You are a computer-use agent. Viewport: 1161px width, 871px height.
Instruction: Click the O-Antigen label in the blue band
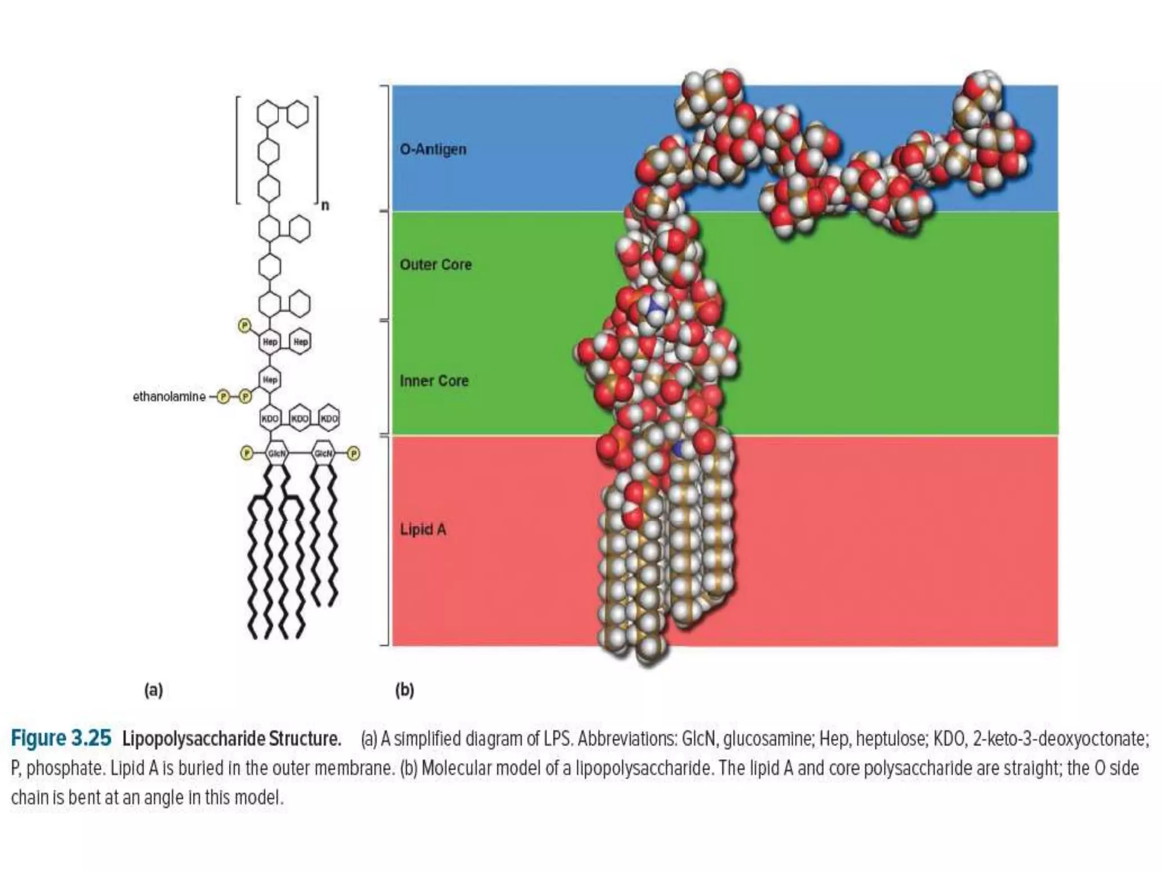click(x=433, y=149)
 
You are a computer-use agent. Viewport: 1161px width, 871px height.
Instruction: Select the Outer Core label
click(x=435, y=265)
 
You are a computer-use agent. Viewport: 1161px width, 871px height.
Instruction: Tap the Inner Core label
click(x=434, y=380)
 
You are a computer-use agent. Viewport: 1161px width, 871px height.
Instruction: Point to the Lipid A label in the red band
click(x=423, y=530)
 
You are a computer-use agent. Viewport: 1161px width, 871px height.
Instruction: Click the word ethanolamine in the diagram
click(x=169, y=396)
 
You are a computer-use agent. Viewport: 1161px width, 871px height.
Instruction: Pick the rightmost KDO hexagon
click(x=329, y=418)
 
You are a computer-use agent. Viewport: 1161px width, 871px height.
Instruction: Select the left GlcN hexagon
click(x=277, y=453)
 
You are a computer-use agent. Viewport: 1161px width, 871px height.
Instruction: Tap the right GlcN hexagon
click(x=323, y=453)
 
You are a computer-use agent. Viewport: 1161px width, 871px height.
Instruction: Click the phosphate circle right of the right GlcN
click(x=353, y=453)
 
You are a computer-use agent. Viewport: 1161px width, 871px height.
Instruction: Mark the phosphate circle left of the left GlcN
click(x=247, y=453)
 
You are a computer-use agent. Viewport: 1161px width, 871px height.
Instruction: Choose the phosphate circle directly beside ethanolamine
click(x=223, y=397)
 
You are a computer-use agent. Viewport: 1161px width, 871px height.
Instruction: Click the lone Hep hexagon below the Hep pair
click(x=270, y=379)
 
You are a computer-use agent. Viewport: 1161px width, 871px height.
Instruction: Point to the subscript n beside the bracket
click(x=325, y=205)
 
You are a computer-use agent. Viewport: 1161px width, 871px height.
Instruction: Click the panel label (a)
click(x=154, y=690)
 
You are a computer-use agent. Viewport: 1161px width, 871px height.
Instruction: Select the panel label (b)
click(x=405, y=690)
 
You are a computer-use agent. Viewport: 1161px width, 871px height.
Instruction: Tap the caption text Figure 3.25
click(x=61, y=738)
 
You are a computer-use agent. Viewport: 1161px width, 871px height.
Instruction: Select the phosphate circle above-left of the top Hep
click(x=244, y=325)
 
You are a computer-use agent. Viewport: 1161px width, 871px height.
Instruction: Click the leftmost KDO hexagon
click(x=270, y=418)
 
